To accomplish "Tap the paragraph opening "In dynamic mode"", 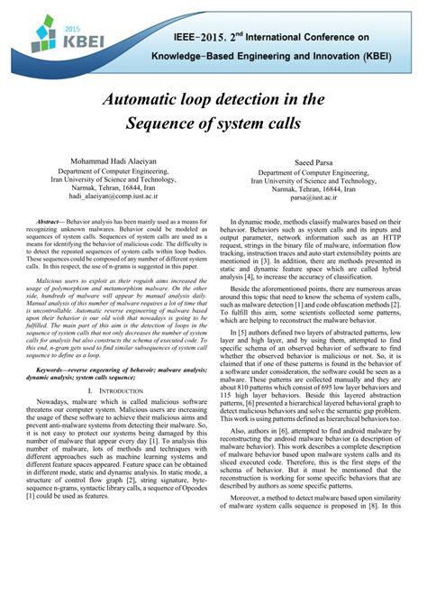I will click(x=320, y=248).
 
